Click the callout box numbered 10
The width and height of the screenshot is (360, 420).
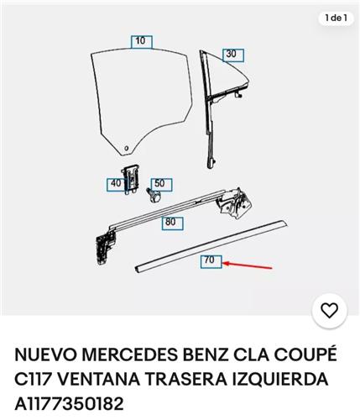[142, 42]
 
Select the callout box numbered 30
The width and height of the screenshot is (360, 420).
[233, 55]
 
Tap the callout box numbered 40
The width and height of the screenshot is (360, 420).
[116, 185]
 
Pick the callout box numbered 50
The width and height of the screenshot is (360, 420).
[161, 185]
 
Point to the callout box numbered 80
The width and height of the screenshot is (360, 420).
[172, 223]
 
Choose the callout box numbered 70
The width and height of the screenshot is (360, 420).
[211, 262]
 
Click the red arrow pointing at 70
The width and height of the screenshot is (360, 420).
[248, 265]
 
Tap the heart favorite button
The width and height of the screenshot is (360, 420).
[329, 311]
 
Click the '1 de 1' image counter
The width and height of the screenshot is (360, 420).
[336, 18]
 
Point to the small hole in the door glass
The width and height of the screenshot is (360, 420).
[127, 148]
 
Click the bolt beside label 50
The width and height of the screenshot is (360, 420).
[154, 195]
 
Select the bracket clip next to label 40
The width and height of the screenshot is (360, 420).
[130, 179]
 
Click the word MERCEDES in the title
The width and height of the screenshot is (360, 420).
[130, 354]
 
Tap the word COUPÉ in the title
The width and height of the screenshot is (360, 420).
[305, 354]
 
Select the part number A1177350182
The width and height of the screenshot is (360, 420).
[69, 404]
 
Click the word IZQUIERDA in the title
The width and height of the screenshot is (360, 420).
[280, 380]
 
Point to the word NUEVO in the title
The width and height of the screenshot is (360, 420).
[45, 354]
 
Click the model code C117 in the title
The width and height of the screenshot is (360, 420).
[34, 380]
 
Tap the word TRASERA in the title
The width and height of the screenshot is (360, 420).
[186, 380]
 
